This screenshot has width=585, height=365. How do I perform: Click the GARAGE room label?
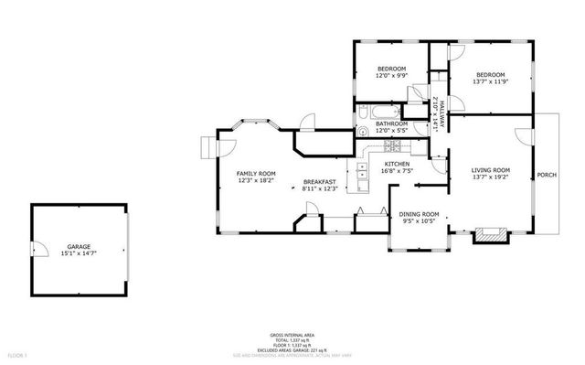(x=77, y=246)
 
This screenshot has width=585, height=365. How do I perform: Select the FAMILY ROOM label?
(x=256, y=173)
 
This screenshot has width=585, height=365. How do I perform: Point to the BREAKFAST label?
(x=320, y=182)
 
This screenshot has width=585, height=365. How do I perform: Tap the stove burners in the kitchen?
(x=391, y=145)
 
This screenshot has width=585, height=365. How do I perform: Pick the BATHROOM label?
(x=391, y=123)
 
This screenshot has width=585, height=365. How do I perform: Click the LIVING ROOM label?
(x=490, y=170)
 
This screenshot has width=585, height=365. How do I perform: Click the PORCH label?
(x=547, y=175)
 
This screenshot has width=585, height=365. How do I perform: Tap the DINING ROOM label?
(x=420, y=214)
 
